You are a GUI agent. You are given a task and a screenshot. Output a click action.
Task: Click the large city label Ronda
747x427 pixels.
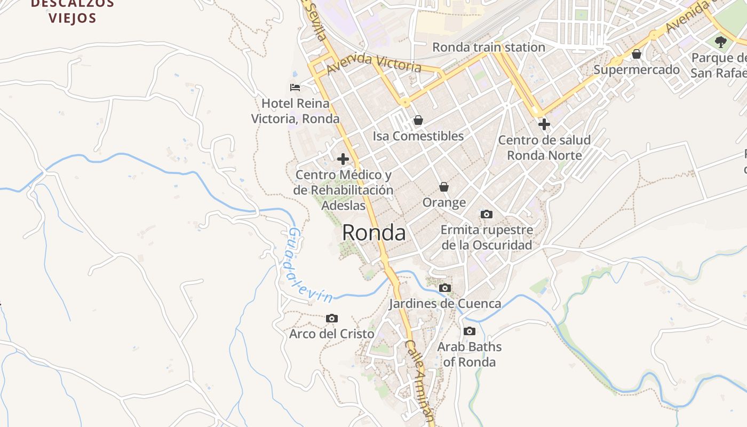pos(373,233)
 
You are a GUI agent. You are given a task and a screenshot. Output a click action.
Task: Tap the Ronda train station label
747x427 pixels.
pos(488,47)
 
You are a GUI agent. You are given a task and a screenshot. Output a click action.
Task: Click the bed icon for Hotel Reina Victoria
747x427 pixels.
pos(295,87)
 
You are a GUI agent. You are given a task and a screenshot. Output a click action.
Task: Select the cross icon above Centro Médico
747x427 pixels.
pos(343,159)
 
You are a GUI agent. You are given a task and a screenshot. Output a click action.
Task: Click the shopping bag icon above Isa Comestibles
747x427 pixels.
pos(418,120)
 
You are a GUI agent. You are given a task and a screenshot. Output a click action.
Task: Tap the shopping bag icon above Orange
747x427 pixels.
pos(444,187)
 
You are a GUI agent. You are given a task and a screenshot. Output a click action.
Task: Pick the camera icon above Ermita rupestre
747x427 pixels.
pos(486,214)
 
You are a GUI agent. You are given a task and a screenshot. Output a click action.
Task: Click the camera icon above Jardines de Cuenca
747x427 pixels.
pos(444,288)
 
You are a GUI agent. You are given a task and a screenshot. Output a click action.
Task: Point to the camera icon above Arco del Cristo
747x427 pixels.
pos(331,318)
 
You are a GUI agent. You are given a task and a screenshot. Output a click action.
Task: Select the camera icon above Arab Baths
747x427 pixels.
pos(470,331)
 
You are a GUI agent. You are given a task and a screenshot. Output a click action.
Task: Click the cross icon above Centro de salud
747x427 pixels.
pos(544,124)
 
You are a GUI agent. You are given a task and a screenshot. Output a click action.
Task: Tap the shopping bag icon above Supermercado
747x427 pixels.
pos(637,54)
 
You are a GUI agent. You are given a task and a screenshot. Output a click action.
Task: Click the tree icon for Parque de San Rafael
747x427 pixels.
pos(721,42)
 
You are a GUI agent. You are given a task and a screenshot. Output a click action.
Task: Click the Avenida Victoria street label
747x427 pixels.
pos(374,63)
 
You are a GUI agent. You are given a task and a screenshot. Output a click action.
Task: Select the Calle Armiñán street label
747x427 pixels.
pos(420,381)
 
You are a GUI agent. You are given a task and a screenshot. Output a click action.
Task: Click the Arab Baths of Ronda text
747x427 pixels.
pos(470,354)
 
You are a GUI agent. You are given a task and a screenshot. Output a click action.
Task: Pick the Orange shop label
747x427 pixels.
pos(444,203)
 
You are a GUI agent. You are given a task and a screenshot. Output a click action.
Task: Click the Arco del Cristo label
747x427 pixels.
pos(331,334)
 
